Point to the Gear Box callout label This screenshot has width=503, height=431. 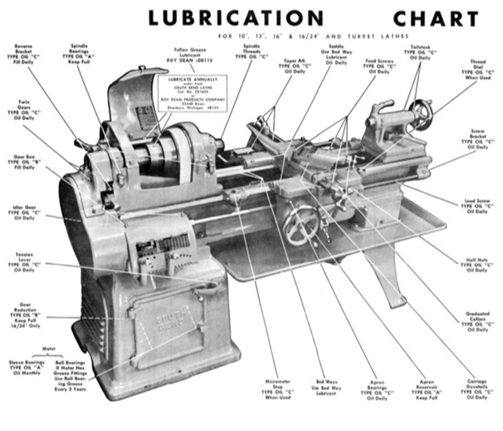coord(26,161)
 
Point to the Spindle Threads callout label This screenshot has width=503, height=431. coord(252,51)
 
